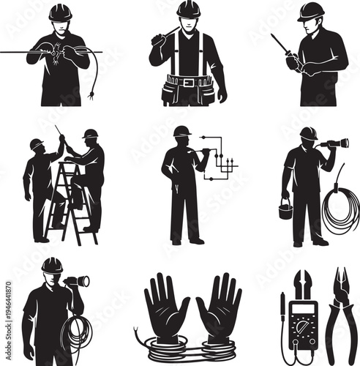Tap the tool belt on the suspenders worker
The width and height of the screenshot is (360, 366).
[x=188, y=86]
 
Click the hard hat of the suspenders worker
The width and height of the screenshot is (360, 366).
[x=188, y=9]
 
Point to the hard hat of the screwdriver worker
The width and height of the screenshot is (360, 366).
[x=311, y=11]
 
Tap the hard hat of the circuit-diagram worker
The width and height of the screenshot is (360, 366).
[x=182, y=131]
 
